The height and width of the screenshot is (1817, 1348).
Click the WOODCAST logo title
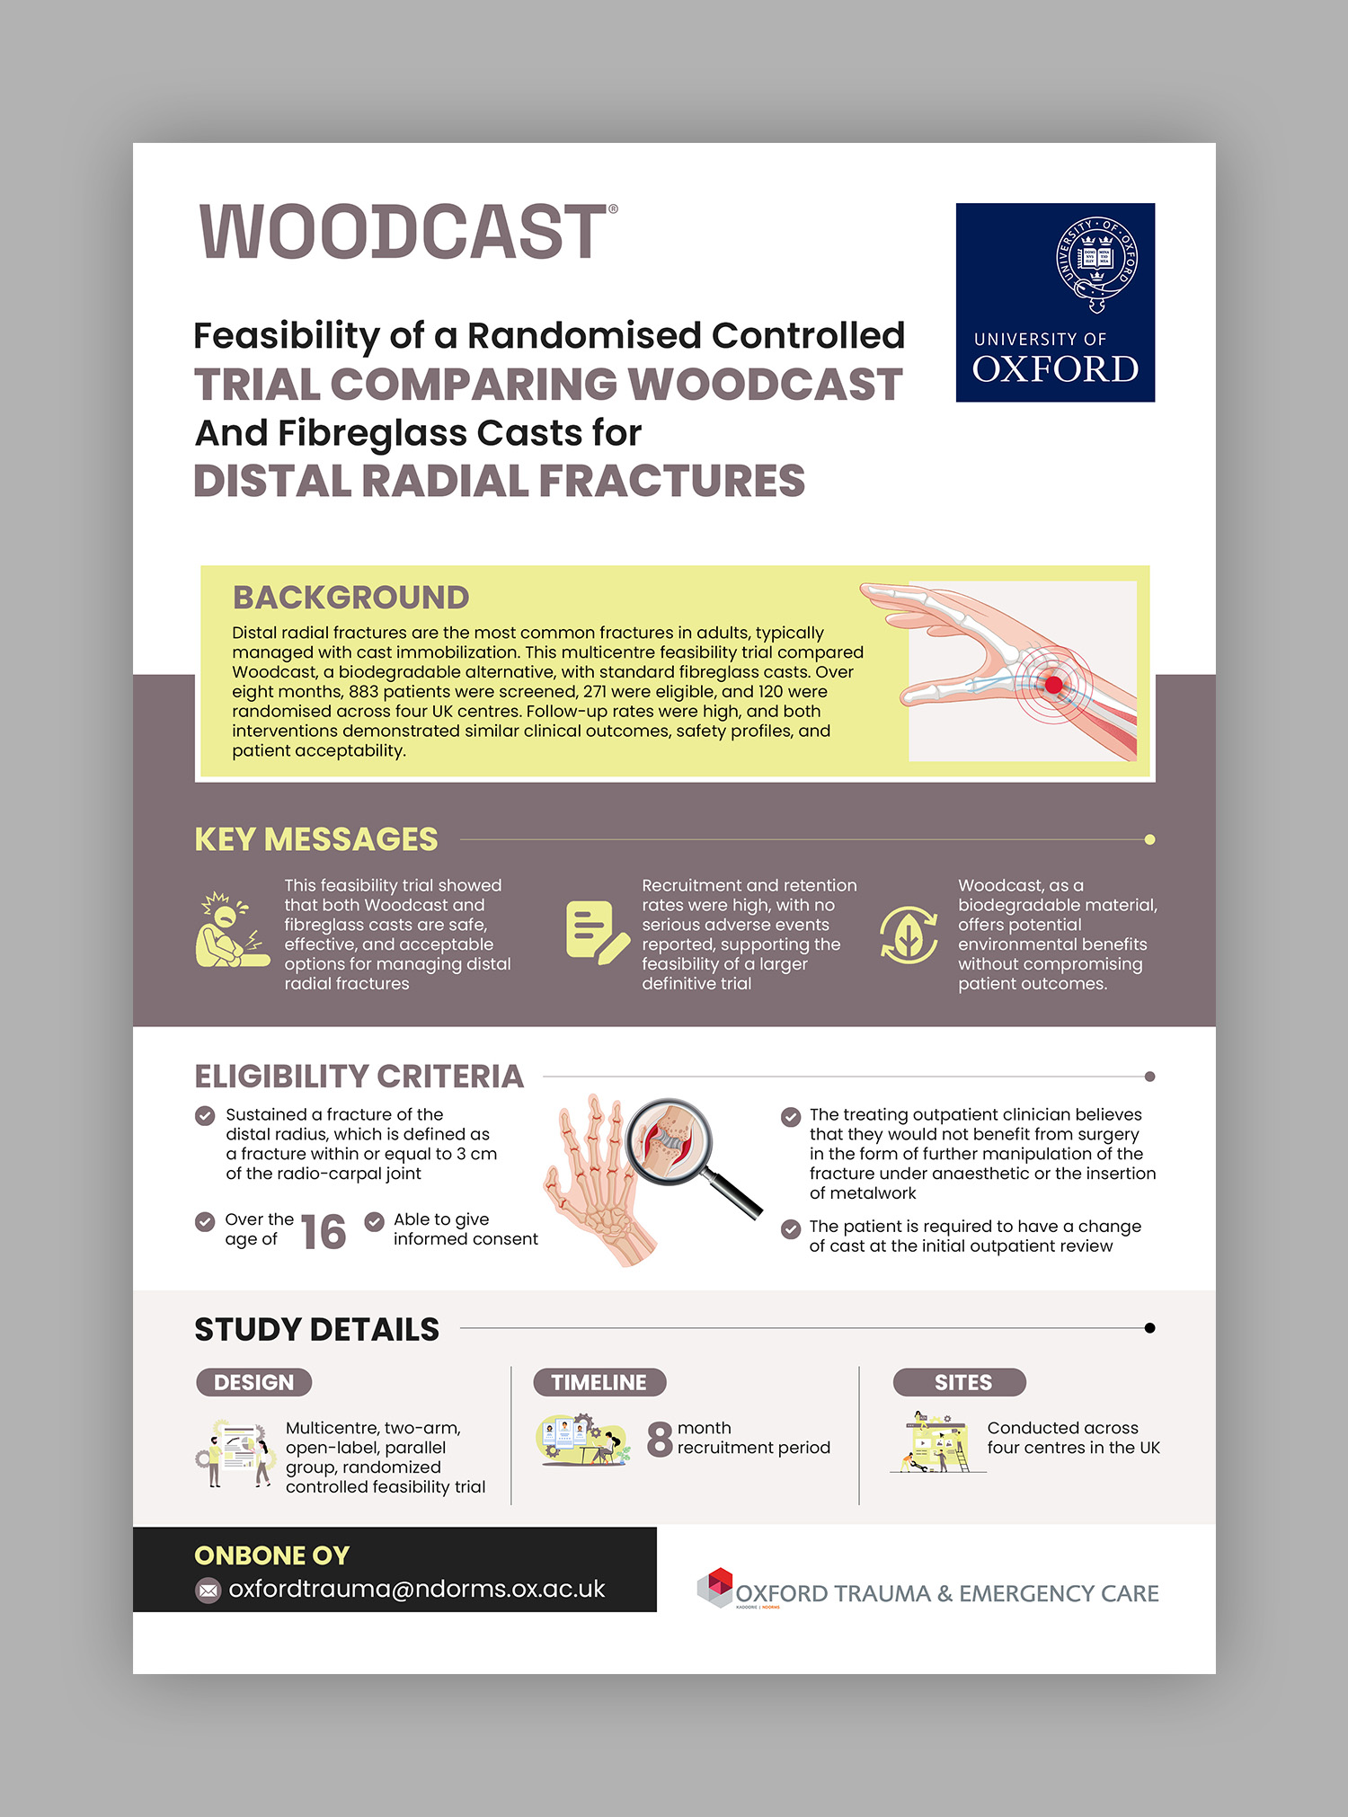click(x=407, y=232)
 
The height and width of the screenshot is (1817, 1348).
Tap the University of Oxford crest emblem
click(x=1096, y=263)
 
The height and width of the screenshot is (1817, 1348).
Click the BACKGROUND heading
click(x=350, y=598)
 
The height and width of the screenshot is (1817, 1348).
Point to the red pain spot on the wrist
click(x=1053, y=685)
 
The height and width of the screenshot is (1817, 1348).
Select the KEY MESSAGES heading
click(x=316, y=839)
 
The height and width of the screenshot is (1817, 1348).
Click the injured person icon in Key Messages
click(x=231, y=931)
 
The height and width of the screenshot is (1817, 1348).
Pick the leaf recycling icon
click(x=909, y=935)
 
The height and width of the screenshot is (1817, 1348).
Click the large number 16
click(x=323, y=1232)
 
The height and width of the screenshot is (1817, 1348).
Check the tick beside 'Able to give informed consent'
click(x=374, y=1222)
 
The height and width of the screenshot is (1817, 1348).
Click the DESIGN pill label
click(x=253, y=1382)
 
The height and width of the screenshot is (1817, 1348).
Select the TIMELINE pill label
click(x=599, y=1382)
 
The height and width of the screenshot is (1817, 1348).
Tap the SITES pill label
click(x=960, y=1382)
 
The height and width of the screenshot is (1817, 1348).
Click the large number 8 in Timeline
click(x=660, y=1439)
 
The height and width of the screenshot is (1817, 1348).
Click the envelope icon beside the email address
click(x=208, y=1591)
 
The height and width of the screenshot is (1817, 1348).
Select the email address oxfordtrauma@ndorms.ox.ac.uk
click(x=416, y=1589)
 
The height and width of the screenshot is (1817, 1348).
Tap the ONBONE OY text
click(x=271, y=1556)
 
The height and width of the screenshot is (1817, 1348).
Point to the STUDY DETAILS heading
click(x=316, y=1329)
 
